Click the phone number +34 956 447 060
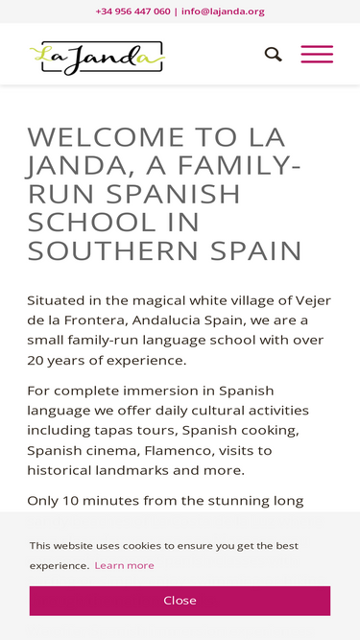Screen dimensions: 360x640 [x=132, y=12]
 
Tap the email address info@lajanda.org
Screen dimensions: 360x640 [x=223, y=12]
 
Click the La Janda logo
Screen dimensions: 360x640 [x=96, y=58]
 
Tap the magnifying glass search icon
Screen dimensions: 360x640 [x=274, y=55]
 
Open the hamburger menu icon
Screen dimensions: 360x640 [x=317, y=55]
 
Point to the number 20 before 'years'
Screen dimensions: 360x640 [x=37, y=361]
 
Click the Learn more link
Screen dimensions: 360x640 [x=124, y=565]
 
